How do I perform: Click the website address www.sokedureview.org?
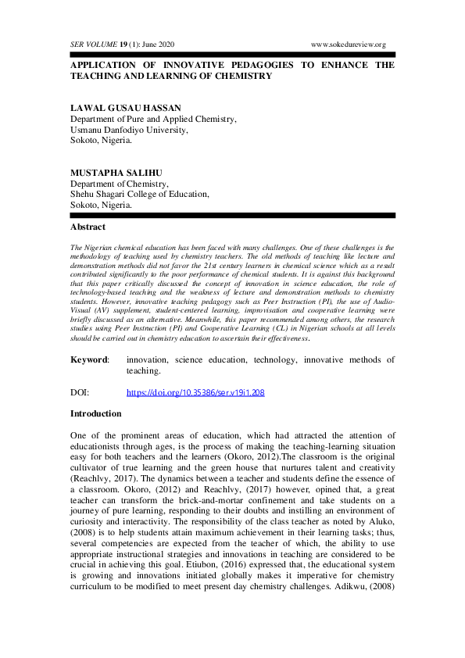(349, 45)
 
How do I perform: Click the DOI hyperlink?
(195, 392)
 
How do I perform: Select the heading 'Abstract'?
(88, 227)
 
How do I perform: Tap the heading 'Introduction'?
(95, 413)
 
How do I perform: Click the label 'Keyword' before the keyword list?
(89, 359)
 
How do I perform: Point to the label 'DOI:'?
(80, 392)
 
